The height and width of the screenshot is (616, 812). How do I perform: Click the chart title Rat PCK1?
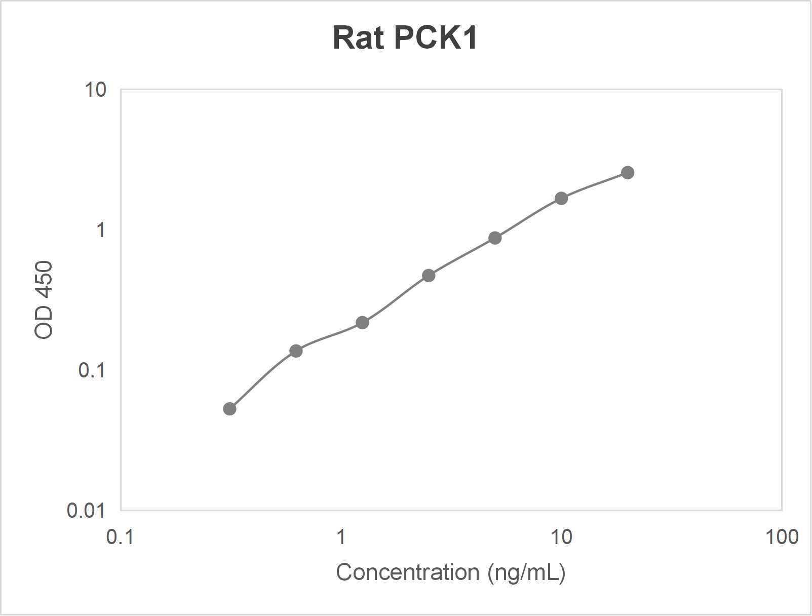(405, 38)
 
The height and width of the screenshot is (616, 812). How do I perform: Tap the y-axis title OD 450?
(44, 299)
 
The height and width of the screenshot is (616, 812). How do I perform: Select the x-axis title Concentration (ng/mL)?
(450, 572)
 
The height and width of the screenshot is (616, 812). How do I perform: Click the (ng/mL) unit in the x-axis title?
(526, 572)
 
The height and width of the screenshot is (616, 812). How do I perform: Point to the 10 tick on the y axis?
(95, 90)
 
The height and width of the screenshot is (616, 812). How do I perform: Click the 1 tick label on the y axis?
(101, 230)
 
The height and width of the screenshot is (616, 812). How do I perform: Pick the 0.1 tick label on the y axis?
(92, 370)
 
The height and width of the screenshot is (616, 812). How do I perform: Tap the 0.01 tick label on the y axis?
(86, 511)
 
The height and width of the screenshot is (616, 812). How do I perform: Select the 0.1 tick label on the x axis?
(120, 537)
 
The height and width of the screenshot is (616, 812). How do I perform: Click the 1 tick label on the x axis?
(341, 537)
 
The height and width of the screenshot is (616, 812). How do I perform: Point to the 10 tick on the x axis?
(561, 537)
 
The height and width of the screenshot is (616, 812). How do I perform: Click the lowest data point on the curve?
(229, 409)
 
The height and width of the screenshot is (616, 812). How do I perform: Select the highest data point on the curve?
(628, 173)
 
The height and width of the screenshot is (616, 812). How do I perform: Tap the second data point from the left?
(296, 351)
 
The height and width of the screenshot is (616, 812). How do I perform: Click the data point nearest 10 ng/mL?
(561, 198)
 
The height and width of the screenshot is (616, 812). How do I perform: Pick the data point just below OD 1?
(495, 238)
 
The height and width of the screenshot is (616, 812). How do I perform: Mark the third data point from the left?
(362, 323)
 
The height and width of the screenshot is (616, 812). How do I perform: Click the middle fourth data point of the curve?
(429, 276)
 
